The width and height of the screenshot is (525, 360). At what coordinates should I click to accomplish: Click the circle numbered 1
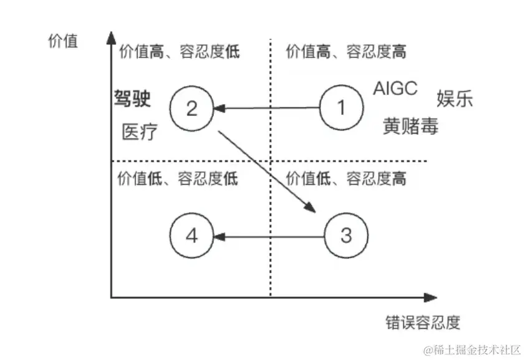point(341,109)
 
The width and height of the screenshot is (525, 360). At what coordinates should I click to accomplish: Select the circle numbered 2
point(192,109)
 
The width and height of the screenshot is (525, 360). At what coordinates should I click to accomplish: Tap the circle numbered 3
point(347,236)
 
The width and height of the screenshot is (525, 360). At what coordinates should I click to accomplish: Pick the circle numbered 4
point(192,236)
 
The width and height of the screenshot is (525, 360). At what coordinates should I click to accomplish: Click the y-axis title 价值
point(62,41)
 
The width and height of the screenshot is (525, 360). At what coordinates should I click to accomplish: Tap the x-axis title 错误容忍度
point(423,322)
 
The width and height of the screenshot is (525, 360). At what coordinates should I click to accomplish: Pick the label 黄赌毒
point(410,127)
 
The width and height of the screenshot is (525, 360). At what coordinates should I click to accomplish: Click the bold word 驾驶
point(133,99)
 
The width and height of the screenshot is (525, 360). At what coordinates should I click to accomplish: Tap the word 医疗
point(140,132)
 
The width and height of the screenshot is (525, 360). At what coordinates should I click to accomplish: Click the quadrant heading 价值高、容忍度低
point(179,51)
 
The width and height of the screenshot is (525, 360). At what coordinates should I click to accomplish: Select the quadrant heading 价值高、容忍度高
point(346,51)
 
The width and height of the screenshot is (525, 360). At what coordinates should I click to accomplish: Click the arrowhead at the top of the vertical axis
point(110,34)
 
